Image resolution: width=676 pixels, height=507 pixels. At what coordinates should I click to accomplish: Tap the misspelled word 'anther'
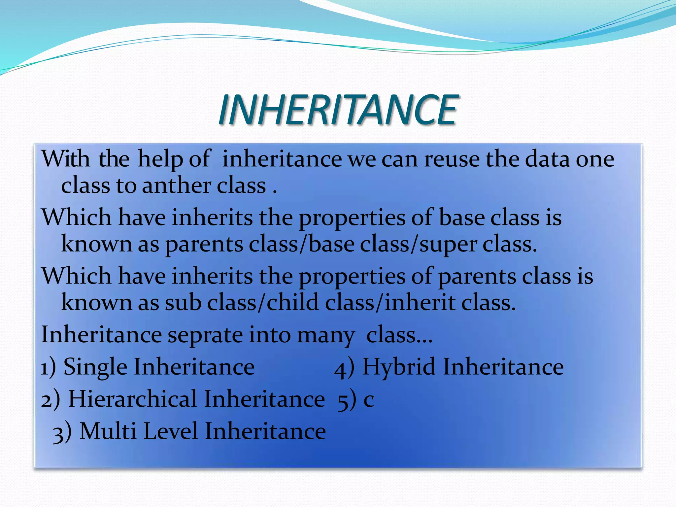tap(177, 186)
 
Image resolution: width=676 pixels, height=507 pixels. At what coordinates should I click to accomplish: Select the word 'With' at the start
tap(65, 159)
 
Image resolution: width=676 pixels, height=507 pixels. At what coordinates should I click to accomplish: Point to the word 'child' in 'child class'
tap(292, 303)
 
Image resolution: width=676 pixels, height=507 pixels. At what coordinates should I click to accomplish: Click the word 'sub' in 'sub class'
tap(183, 303)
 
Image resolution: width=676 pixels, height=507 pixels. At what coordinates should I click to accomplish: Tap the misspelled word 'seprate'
tap(205, 335)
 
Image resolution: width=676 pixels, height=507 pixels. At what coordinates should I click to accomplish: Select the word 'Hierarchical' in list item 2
tap(132, 399)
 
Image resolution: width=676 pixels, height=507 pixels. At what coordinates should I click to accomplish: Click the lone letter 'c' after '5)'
tap(368, 400)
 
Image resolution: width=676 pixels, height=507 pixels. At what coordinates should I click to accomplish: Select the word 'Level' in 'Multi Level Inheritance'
tap(170, 431)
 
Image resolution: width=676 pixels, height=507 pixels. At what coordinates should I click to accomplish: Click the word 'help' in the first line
tap(160, 159)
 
